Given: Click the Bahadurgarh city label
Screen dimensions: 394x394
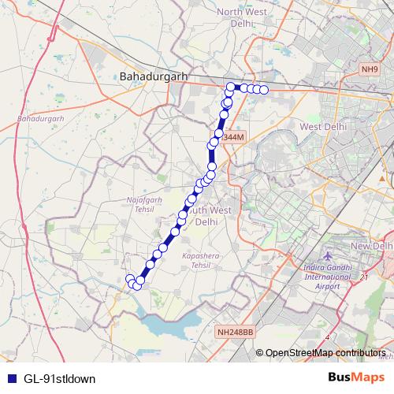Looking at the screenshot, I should point(151,76).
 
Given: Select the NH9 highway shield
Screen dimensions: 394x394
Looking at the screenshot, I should point(369,70).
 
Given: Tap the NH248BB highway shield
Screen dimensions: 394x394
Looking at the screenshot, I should point(235,333).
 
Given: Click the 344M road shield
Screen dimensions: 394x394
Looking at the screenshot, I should point(234,137).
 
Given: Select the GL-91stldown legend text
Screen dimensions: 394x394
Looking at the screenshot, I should point(59,378).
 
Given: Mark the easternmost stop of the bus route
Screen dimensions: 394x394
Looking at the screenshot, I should point(265,91).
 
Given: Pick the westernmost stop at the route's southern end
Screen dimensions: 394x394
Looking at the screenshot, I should point(130,278).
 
